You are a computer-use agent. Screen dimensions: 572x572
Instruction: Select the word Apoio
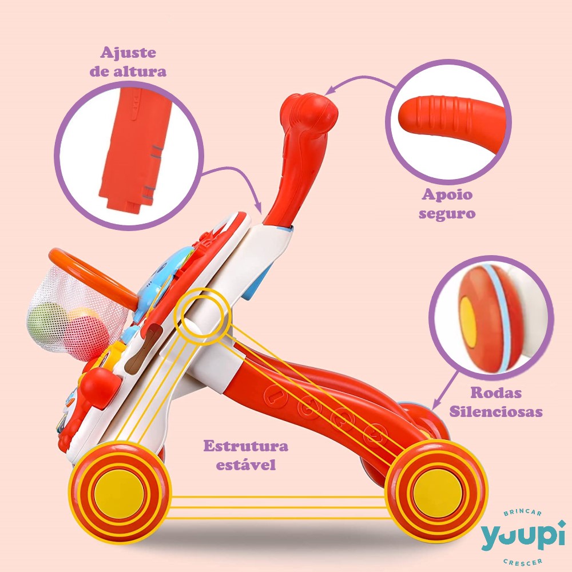tap(447, 194)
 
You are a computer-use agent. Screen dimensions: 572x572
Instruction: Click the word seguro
tap(447, 214)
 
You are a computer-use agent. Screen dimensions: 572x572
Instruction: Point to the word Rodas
tap(496, 393)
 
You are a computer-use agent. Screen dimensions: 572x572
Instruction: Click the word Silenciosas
tap(496, 411)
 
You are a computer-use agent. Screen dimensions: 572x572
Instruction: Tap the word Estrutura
tap(245, 446)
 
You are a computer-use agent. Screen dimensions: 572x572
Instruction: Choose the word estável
tap(246, 464)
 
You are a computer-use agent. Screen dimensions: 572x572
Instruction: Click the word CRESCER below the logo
tap(522, 561)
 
